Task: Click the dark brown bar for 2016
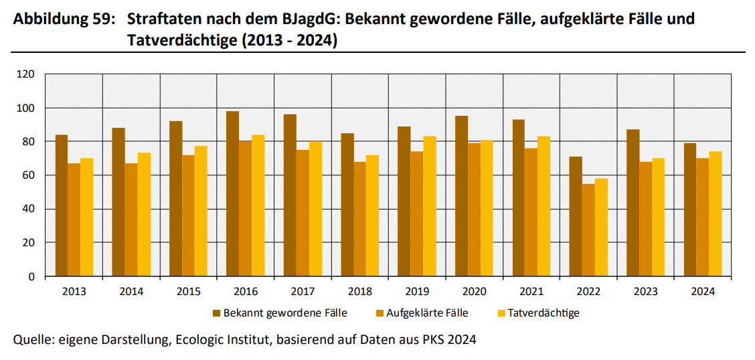point(232,194)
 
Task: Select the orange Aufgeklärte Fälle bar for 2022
point(588,230)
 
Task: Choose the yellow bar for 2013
point(86,217)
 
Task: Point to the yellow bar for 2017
point(315,209)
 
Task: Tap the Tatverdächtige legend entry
point(543,312)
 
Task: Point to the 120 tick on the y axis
point(25,74)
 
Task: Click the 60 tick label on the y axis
point(28,175)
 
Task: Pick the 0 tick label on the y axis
point(31,276)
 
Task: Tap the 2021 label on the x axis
point(531,292)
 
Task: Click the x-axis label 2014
point(131,292)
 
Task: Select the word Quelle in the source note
point(33,340)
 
